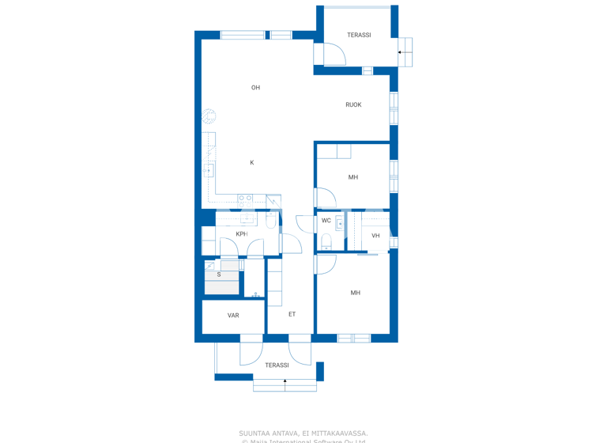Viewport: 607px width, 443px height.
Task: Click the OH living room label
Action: point(255,88)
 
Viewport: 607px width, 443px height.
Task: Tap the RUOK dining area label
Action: point(353,104)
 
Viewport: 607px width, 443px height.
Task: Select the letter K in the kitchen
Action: point(252,163)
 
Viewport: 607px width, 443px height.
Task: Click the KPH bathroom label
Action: point(241,234)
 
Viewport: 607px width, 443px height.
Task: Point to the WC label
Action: point(326,221)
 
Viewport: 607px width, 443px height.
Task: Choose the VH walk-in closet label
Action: point(375,236)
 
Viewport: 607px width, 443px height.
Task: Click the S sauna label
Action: point(219,275)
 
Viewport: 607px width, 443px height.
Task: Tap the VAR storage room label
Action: point(233,316)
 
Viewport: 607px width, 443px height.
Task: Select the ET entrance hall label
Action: point(292,314)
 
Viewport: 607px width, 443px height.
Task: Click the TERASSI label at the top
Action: point(359,36)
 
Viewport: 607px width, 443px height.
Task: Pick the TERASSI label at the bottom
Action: point(277,365)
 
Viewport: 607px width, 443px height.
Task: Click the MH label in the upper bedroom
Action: point(353,177)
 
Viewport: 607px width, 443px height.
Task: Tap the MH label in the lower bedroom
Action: point(355,293)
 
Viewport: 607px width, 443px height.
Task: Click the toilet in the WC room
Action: point(326,240)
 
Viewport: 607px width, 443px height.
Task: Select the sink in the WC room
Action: point(340,223)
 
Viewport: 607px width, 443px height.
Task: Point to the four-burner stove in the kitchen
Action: point(246,201)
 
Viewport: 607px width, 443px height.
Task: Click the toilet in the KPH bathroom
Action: point(271,221)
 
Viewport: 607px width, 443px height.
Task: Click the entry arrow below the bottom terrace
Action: point(285,382)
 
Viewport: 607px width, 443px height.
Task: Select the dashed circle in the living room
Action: point(209,116)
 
